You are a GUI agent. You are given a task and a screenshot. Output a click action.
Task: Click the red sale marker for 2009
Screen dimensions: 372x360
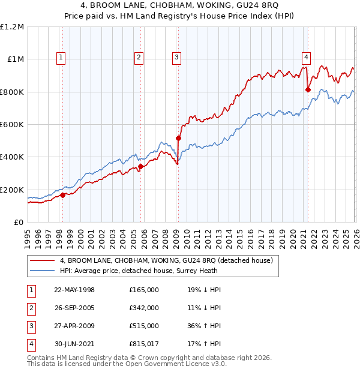(178, 139)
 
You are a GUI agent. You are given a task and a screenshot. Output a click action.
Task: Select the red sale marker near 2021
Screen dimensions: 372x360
(308, 90)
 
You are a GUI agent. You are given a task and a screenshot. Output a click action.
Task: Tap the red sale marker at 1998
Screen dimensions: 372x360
(62, 195)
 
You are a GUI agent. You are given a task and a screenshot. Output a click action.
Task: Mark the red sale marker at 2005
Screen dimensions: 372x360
(140, 166)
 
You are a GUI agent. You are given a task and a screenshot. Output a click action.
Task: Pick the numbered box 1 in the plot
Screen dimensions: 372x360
(62, 58)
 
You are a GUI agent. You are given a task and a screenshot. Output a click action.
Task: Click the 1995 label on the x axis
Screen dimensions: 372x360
(28, 236)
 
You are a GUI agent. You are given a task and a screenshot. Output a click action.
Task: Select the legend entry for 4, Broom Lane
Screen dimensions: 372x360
(166, 260)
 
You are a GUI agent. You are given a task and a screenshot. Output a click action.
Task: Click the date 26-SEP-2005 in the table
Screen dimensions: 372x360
(74, 308)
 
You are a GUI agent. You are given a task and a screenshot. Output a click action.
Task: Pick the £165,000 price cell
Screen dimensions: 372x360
(144, 290)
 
